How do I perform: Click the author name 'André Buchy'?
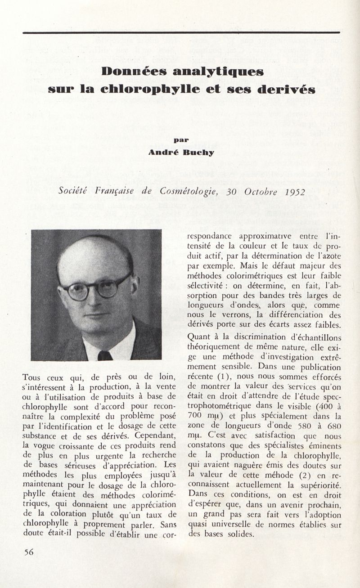coord(182,152)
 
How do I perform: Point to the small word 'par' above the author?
coord(181,140)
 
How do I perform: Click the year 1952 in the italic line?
coord(295,192)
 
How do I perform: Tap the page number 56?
coord(29,552)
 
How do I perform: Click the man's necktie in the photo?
coord(104,355)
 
